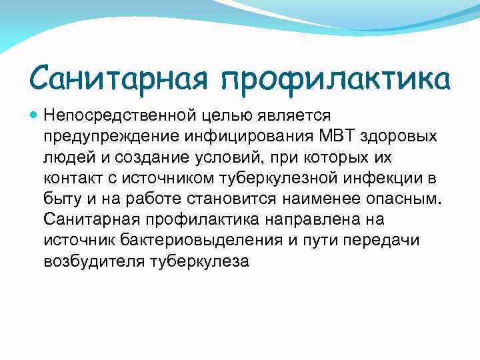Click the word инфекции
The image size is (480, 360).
point(381,178)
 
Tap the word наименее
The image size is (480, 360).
point(319,199)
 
